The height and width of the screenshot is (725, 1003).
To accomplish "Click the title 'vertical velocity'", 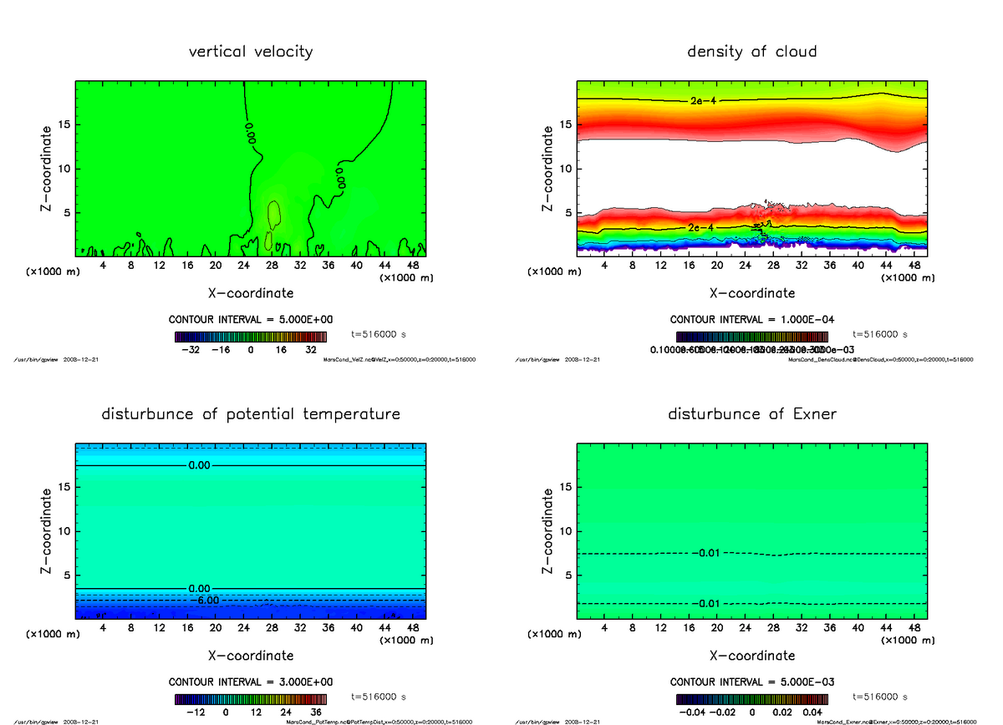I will (x=251, y=52).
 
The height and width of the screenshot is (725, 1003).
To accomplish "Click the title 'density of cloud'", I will (x=751, y=52).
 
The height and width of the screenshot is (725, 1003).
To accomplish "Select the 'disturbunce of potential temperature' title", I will (x=251, y=414).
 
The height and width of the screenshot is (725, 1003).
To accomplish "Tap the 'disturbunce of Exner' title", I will (x=751, y=414).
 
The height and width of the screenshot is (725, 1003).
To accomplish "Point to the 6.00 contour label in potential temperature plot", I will (x=204, y=601).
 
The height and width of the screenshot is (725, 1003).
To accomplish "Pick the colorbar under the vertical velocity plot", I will (x=251, y=336).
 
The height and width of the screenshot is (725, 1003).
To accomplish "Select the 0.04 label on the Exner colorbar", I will (x=812, y=712).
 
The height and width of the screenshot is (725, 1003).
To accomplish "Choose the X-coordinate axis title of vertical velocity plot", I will (x=251, y=293).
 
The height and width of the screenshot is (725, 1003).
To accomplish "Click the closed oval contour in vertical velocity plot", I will (x=273, y=215).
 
